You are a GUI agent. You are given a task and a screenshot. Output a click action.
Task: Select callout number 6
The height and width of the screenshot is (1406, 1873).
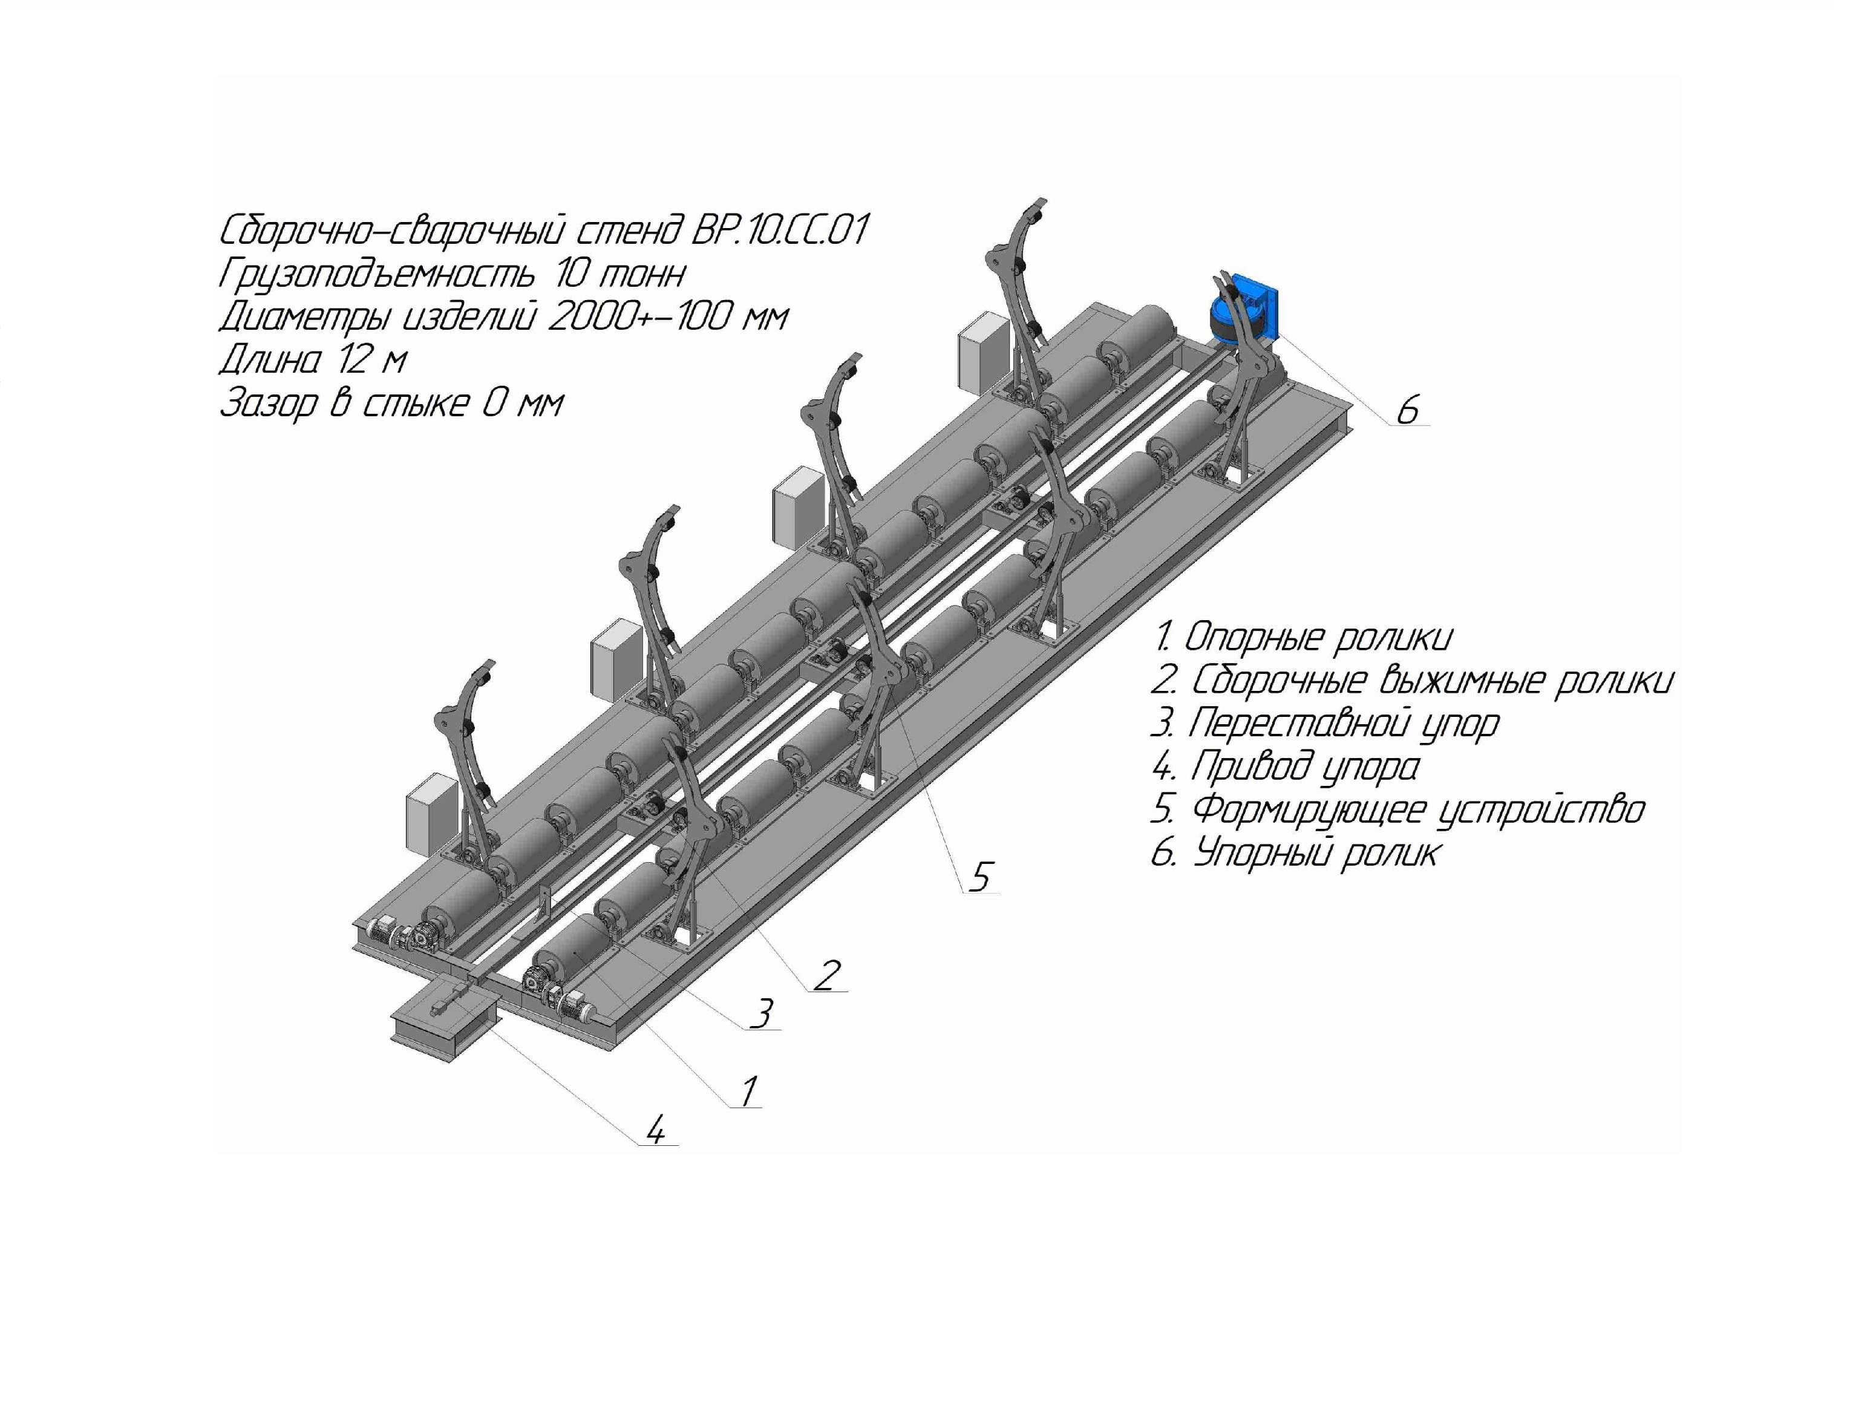click(x=1407, y=410)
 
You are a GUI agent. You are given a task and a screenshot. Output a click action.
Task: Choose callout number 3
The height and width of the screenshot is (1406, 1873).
click(x=762, y=1013)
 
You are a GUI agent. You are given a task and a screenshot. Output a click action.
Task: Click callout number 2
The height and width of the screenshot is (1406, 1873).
click(x=827, y=975)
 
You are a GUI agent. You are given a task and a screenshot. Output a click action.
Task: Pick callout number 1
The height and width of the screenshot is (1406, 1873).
click(x=748, y=1091)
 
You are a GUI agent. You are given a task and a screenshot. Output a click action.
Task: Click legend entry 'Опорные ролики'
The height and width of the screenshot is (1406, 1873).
click(x=1304, y=637)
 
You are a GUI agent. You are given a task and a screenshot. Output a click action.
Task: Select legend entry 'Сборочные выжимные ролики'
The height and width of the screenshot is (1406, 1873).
click(x=1413, y=680)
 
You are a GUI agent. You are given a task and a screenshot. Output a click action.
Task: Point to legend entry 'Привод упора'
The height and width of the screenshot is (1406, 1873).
click(x=1286, y=767)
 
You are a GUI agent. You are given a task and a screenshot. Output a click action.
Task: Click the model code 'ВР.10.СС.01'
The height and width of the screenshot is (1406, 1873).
click(x=780, y=231)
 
